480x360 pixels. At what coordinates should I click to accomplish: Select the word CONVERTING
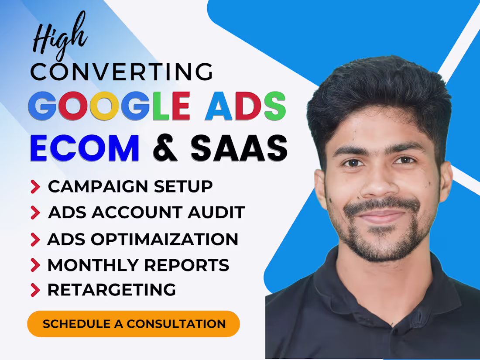tap(122, 72)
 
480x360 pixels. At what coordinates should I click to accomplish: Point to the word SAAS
tap(239, 148)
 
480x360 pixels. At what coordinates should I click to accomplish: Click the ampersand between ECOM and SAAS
tap(165, 148)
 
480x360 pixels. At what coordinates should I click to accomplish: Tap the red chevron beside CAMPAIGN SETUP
tap(35, 187)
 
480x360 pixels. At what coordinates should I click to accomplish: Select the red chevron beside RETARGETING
tap(35, 290)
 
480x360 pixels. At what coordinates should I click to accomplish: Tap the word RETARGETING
tap(112, 290)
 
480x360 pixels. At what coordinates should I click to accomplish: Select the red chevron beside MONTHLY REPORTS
tap(35, 264)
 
